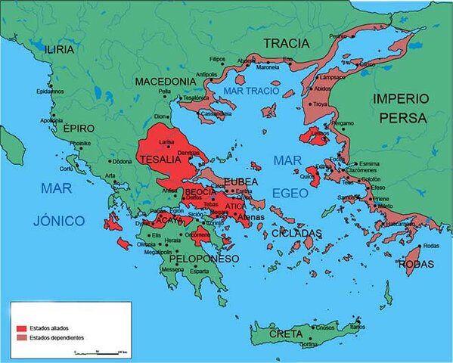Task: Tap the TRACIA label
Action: click(x=287, y=42)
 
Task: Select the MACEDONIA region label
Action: click(x=166, y=81)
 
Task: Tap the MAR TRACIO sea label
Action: click(x=250, y=91)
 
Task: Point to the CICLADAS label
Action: click(x=297, y=232)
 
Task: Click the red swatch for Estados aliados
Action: click(x=21, y=327)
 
